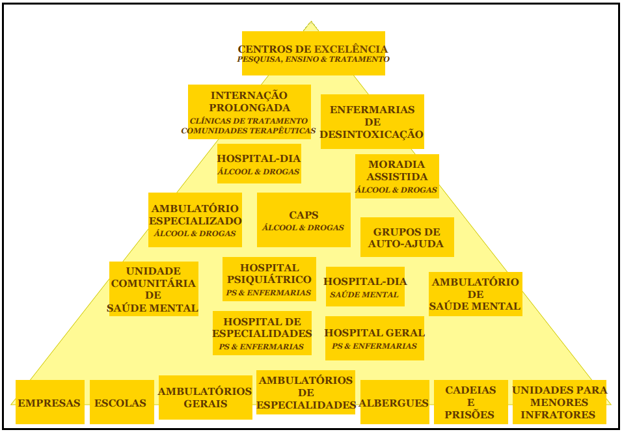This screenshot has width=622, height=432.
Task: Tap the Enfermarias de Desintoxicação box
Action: point(372,122)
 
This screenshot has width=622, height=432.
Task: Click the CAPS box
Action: point(303,220)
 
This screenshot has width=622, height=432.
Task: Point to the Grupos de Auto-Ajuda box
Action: point(406,237)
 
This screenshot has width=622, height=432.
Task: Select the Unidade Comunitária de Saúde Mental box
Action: point(153,289)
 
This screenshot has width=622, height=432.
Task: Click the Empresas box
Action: point(49,403)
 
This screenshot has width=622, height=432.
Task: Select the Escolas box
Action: point(121,403)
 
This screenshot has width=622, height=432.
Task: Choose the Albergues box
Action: point(394,403)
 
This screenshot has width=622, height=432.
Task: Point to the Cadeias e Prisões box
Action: point(470,402)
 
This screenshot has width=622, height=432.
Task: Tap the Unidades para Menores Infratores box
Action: point(559,402)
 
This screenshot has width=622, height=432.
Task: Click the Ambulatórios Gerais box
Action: point(205,397)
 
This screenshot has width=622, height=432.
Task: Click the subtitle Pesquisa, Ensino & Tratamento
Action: point(313,59)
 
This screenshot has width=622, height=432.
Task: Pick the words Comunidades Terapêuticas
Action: point(248,131)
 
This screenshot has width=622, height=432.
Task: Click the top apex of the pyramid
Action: point(311,22)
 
